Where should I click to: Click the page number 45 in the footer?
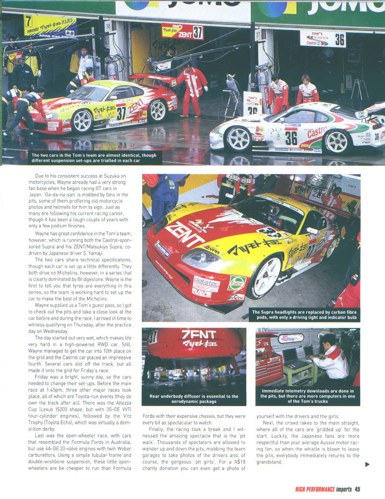357,489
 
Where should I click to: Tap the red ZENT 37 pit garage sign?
182,31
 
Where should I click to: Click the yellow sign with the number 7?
50,25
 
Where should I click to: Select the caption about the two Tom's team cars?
94,157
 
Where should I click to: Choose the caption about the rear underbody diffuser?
194,399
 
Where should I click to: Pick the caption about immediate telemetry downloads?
307,396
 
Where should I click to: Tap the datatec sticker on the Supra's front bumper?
206,281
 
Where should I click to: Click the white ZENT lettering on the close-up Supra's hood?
185,234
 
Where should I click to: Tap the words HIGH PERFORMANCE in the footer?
315,489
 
